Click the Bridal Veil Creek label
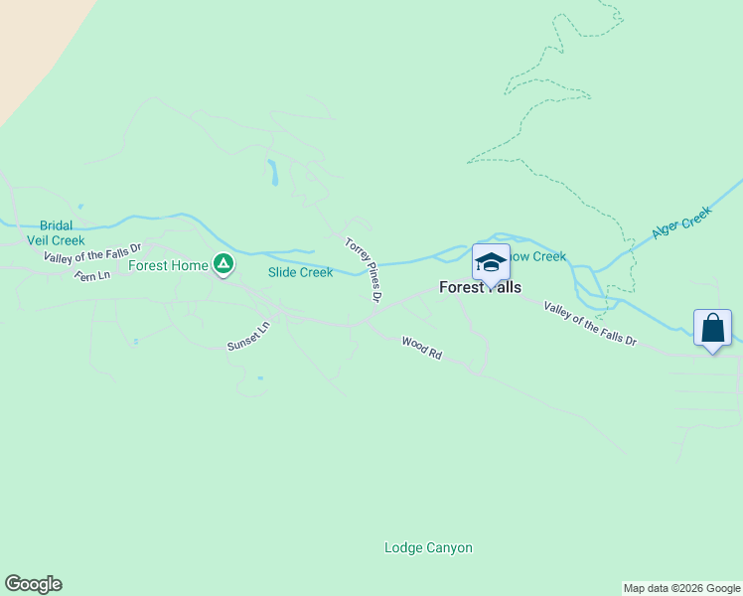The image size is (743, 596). pyautogui.click(x=63, y=232)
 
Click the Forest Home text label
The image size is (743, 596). pyautogui.click(x=168, y=265)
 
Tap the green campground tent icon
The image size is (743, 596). pyautogui.click(x=223, y=264)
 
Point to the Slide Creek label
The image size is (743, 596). pyautogui.click(x=300, y=272)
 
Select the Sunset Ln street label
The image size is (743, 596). pyautogui.click(x=248, y=336)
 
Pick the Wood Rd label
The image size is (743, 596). pyautogui.click(x=421, y=348)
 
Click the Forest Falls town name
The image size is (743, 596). pyautogui.click(x=480, y=287)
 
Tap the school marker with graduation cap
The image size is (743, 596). pyautogui.click(x=491, y=262)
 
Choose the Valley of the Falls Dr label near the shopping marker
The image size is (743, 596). pyautogui.click(x=589, y=324)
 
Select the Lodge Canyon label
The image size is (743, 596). pyautogui.click(x=428, y=547)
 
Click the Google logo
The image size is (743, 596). pyautogui.click(x=33, y=584)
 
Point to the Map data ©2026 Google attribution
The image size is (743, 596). pyautogui.click(x=681, y=588)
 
